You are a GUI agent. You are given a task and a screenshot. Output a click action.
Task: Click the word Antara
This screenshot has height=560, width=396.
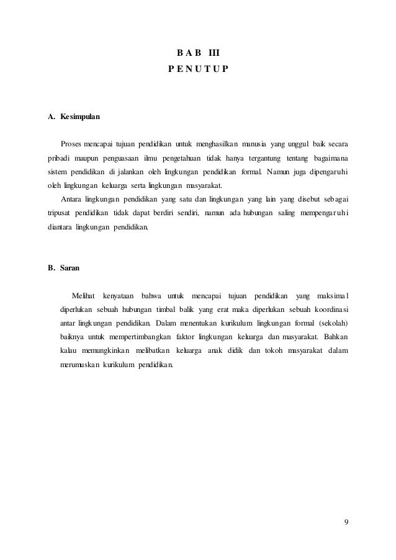tap(72, 199)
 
